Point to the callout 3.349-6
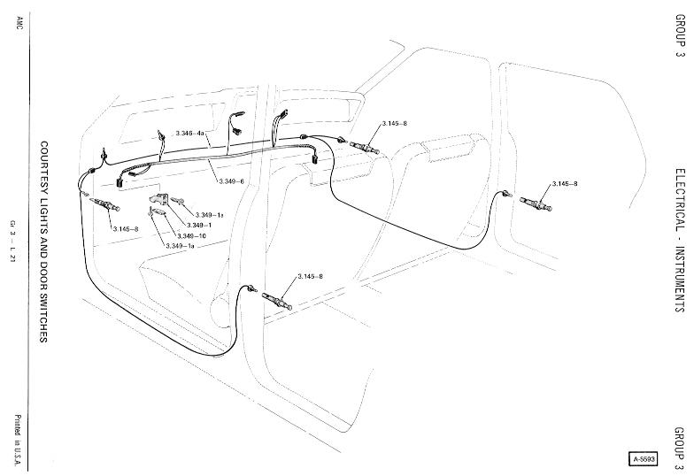(232, 181)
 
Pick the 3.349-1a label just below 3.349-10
(181, 245)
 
